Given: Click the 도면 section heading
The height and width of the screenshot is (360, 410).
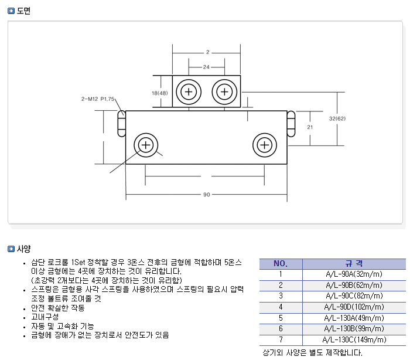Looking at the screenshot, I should (x=24, y=11).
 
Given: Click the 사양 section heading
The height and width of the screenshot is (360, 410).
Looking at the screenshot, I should (x=24, y=249).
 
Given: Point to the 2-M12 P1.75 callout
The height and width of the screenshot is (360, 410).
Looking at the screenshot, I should (x=98, y=99).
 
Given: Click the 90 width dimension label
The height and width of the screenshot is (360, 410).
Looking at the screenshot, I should (x=207, y=194).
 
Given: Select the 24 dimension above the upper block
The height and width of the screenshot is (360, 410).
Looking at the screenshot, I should (x=207, y=67).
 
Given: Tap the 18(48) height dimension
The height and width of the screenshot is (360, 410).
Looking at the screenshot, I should (x=159, y=93).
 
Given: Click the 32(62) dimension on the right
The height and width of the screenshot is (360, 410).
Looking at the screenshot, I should (x=337, y=118).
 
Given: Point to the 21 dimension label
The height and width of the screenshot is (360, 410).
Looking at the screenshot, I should (x=310, y=127).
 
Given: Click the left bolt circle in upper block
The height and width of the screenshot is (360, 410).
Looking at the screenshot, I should (x=189, y=91).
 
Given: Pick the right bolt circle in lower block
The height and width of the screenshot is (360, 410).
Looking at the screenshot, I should (x=265, y=144).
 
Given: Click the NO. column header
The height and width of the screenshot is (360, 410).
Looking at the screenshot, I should (x=281, y=263).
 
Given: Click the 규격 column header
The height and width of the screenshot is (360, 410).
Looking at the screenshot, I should (x=354, y=263).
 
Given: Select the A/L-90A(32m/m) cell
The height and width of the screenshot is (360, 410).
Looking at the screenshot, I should (x=354, y=274).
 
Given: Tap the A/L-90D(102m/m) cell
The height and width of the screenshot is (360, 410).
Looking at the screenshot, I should (x=354, y=307).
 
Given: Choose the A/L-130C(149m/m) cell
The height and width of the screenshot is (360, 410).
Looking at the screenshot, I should (x=354, y=339).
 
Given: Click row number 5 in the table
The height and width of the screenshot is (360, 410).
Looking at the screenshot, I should (x=281, y=318).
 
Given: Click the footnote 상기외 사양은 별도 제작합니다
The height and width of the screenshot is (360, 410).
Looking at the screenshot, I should (x=312, y=352).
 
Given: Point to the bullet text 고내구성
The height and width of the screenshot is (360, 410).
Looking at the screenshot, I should (x=45, y=317).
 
